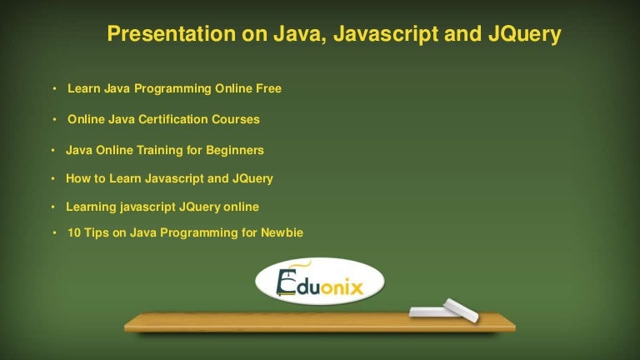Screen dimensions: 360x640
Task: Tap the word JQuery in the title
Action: [x=522, y=35]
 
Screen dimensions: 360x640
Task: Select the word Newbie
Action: [x=282, y=233]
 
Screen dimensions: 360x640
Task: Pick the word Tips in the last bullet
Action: [x=98, y=233]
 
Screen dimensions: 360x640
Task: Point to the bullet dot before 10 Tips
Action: [x=55, y=234]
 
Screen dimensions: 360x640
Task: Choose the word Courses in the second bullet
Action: [x=236, y=119]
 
